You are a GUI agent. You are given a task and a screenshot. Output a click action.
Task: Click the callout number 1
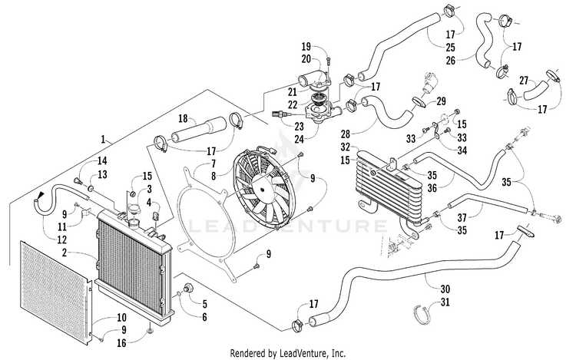point(103,139)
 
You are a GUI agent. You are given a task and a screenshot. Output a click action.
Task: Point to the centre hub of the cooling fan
point(262,190)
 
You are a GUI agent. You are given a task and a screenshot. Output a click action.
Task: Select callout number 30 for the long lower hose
point(445,289)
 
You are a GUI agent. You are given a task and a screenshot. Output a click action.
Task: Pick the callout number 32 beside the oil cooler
point(346,147)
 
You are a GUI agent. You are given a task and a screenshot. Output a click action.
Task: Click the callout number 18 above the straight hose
point(183,118)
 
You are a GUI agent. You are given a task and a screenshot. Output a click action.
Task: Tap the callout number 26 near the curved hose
point(451,61)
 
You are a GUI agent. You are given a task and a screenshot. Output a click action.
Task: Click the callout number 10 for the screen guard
point(122,318)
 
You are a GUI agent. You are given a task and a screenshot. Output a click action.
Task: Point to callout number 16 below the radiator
point(121,343)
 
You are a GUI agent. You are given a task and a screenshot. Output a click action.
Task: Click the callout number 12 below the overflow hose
point(61,239)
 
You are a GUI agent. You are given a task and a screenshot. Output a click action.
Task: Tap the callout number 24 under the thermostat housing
point(300,139)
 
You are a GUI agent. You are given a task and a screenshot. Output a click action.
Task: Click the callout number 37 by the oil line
point(462,218)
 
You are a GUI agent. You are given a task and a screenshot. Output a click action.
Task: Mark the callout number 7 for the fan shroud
point(214,163)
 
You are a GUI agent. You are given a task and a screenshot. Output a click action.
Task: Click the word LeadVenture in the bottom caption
point(304,354)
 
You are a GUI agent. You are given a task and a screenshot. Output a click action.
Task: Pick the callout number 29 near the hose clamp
point(441,101)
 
